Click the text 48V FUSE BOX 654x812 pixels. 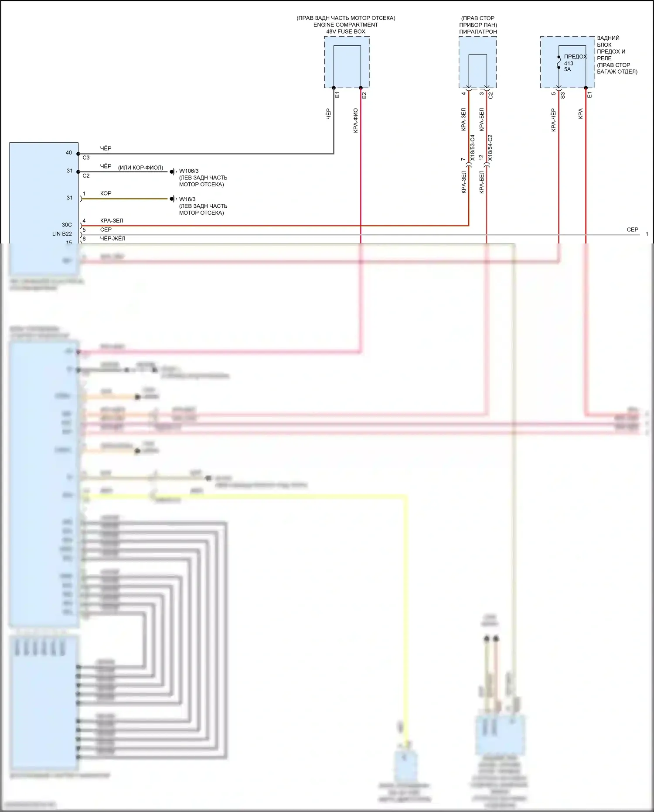pyautogui.click(x=346, y=31)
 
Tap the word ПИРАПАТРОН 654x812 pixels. pyautogui.click(x=478, y=32)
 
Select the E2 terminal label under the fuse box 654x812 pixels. pyautogui.click(x=364, y=95)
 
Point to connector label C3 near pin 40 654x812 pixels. pyautogui.click(x=86, y=158)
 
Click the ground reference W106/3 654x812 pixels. pyautogui.click(x=188, y=171)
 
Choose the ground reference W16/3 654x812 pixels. pyautogui.click(x=187, y=199)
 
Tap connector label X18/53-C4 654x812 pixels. pyautogui.click(x=473, y=148)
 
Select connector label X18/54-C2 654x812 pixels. pyautogui.click(x=490, y=148)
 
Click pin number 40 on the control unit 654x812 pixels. pyautogui.click(x=69, y=153)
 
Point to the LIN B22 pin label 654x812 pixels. pyautogui.click(x=62, y=234)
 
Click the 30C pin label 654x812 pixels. pyautogui.click(x=67, y=225)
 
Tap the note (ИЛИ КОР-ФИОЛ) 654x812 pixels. pyautogui.click(x=140, y=168)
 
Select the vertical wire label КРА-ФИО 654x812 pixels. pyautogui.click(x=356, y=120)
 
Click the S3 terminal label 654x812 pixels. pyautogui.click(x=562, y=95)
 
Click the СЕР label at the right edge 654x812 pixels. pyautogui.click(x=632, y=230)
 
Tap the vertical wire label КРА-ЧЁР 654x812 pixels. pyautogui.click(x=553, y=120)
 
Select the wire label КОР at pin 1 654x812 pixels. pyautogui.click(x=106, y=193)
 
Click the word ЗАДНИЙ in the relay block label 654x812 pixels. pyautogui.click(x=608, y=38)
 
